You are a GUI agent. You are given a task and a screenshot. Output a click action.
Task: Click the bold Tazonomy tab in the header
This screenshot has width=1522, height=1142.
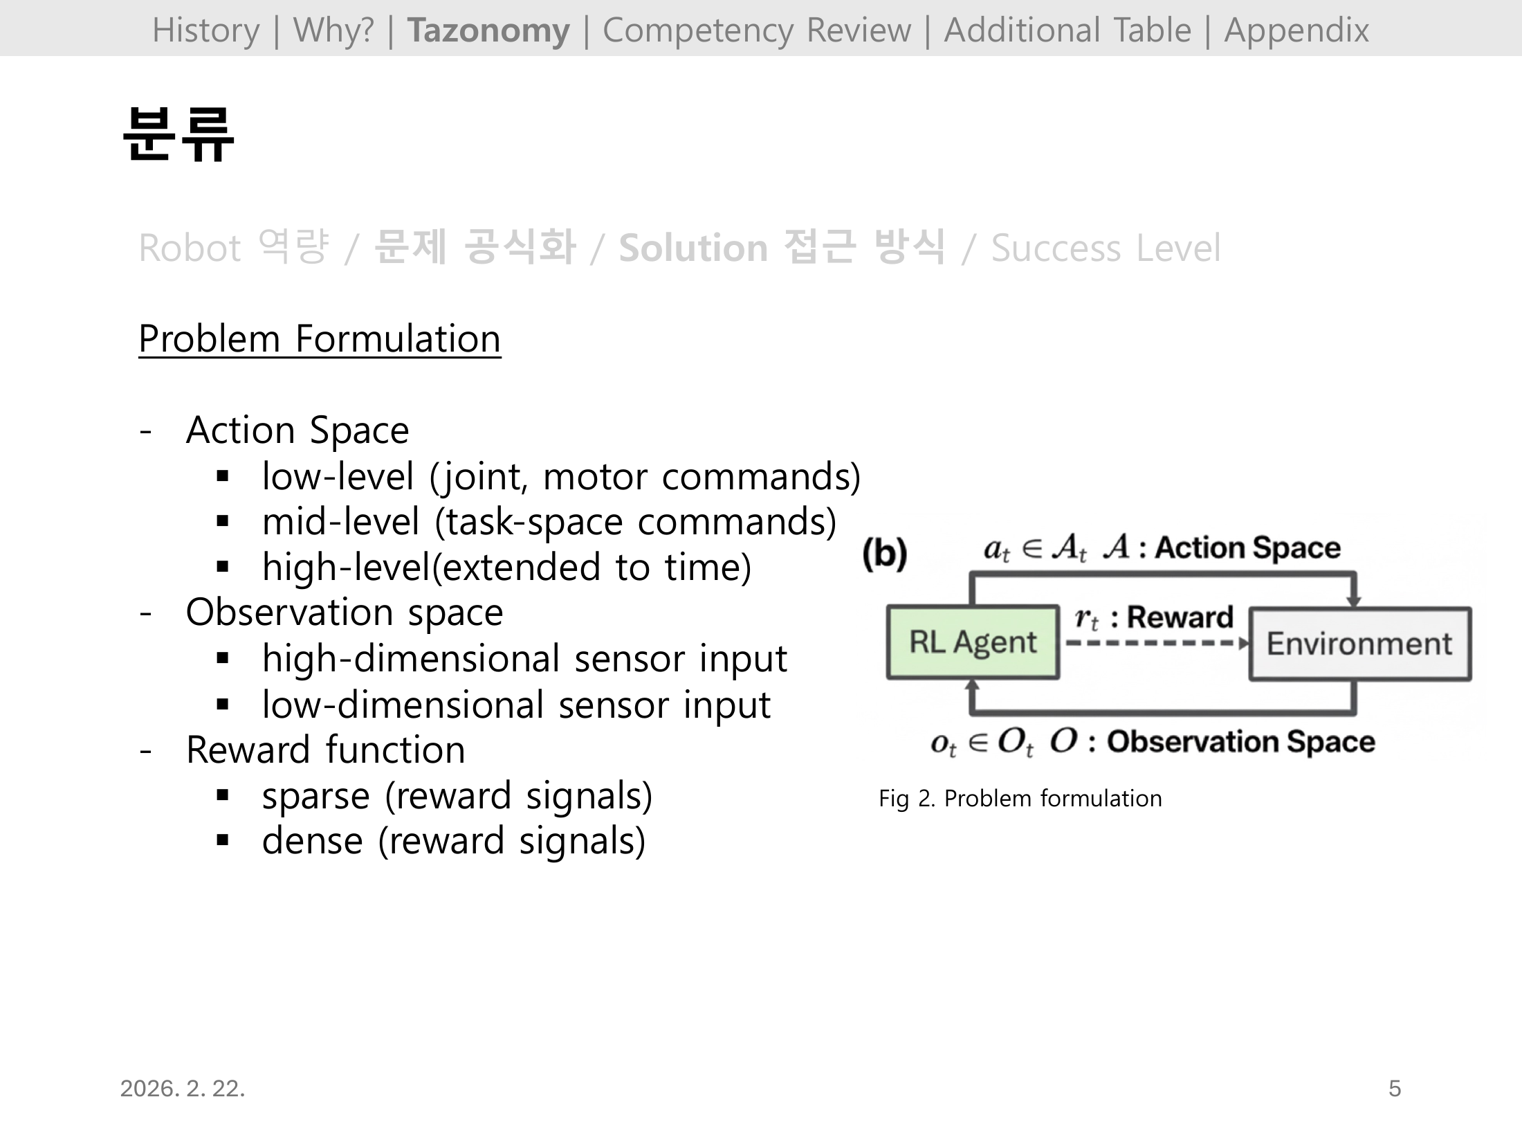(488, 30)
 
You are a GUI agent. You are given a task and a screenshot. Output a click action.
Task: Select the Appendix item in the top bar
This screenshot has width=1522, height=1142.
(1296, 30)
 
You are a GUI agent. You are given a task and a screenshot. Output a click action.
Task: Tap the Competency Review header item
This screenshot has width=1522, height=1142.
(756, 30)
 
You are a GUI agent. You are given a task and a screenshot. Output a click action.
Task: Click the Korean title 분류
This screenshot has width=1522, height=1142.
(178, 135)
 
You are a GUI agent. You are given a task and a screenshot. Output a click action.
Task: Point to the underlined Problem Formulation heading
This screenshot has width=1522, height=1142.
(319, 339)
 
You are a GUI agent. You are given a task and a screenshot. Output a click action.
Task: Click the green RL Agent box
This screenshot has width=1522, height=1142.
(972, 642)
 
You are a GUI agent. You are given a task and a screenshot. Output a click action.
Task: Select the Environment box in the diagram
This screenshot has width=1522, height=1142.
(1359, 644)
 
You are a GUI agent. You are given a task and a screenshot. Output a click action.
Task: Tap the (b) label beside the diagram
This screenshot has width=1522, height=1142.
(884, 554)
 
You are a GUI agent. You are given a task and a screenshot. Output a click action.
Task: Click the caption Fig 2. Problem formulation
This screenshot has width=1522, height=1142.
(1020, 799)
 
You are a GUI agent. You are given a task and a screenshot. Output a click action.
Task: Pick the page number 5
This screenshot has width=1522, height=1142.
(1394, 1089)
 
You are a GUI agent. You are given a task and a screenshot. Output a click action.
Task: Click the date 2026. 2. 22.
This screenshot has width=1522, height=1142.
(183, 1089)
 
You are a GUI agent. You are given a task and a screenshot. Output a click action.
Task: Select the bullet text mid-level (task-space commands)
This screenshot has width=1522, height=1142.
(549, 522)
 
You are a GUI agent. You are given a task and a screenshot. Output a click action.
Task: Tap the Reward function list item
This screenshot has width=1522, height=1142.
(325, 750)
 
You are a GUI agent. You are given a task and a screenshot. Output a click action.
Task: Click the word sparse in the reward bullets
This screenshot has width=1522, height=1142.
(315, 797)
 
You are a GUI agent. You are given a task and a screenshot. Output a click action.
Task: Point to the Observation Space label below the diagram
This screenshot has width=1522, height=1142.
(1240, 742)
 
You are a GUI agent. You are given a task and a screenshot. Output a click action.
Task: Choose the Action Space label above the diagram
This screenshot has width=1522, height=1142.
(1247, 547)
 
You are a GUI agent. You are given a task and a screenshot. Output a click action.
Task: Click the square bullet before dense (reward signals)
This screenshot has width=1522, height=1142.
(222, 841)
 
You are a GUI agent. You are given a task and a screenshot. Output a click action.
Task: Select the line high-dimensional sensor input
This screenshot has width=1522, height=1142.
(524, 658)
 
